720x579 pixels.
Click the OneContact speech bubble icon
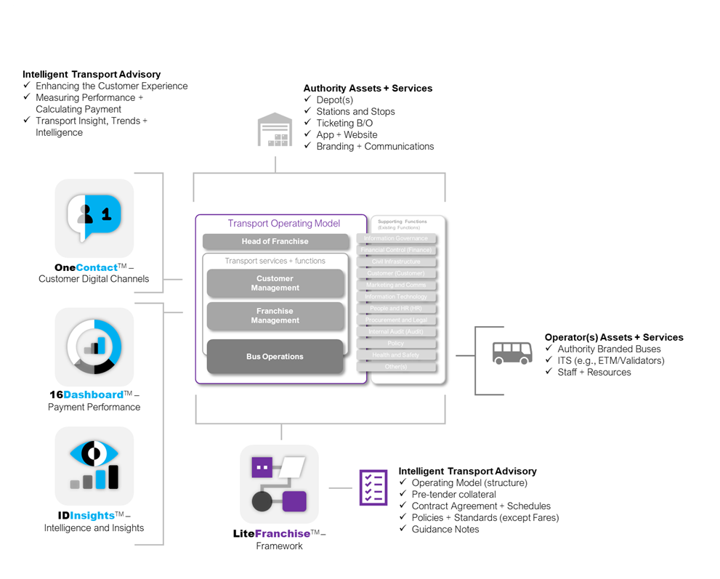94,218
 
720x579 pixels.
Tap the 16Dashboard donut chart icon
94,347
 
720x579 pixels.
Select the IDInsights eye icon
94,465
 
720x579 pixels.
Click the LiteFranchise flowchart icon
279,483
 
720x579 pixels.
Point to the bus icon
511,352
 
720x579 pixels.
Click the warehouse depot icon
275,131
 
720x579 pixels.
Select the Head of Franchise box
275,242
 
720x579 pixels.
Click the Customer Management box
275,283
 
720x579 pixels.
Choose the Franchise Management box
275,316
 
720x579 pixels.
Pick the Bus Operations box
275,357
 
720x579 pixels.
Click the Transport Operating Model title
283,224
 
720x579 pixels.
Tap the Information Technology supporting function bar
396,297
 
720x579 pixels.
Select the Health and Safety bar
396,355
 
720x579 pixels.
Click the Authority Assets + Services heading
368,89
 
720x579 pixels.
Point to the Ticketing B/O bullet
344,123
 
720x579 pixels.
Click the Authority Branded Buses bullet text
609,349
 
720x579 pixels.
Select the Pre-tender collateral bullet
453,494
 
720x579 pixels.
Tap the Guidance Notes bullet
445,529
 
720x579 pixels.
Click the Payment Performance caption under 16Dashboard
94,407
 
